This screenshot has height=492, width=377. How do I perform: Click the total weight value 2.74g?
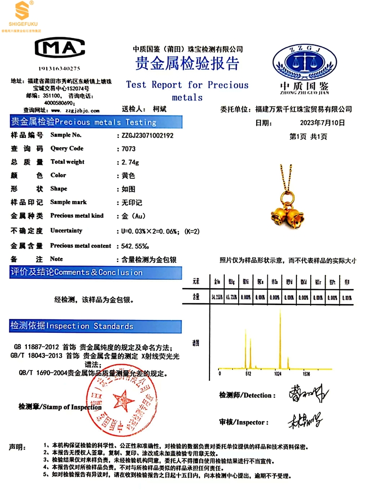click(x=130, y=162)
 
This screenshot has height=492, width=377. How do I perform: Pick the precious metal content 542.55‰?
click(x=139, y=246)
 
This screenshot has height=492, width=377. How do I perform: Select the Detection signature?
click(x=308, y=393)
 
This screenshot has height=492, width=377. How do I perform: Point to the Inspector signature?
click(x=304, y=420)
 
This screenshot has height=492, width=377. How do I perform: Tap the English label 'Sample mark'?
click(x=69, y=202)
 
